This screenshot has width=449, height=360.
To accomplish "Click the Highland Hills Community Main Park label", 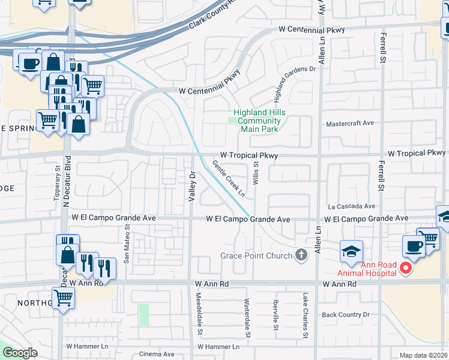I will point(259,121).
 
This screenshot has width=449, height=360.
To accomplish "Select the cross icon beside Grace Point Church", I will point(301,256).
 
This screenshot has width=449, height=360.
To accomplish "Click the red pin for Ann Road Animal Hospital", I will point(406,268).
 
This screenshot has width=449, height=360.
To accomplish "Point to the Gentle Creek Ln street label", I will point(229,178).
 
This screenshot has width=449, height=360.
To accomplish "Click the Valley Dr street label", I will point(193,187).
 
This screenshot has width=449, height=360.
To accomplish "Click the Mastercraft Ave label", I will point(349,123).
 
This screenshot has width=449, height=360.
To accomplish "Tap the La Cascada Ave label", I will point(351,205).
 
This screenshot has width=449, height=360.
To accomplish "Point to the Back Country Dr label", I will point(345,314).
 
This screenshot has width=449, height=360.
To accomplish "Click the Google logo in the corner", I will point(20,353).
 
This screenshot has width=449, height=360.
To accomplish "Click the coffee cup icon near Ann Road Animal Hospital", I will point(413,245).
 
